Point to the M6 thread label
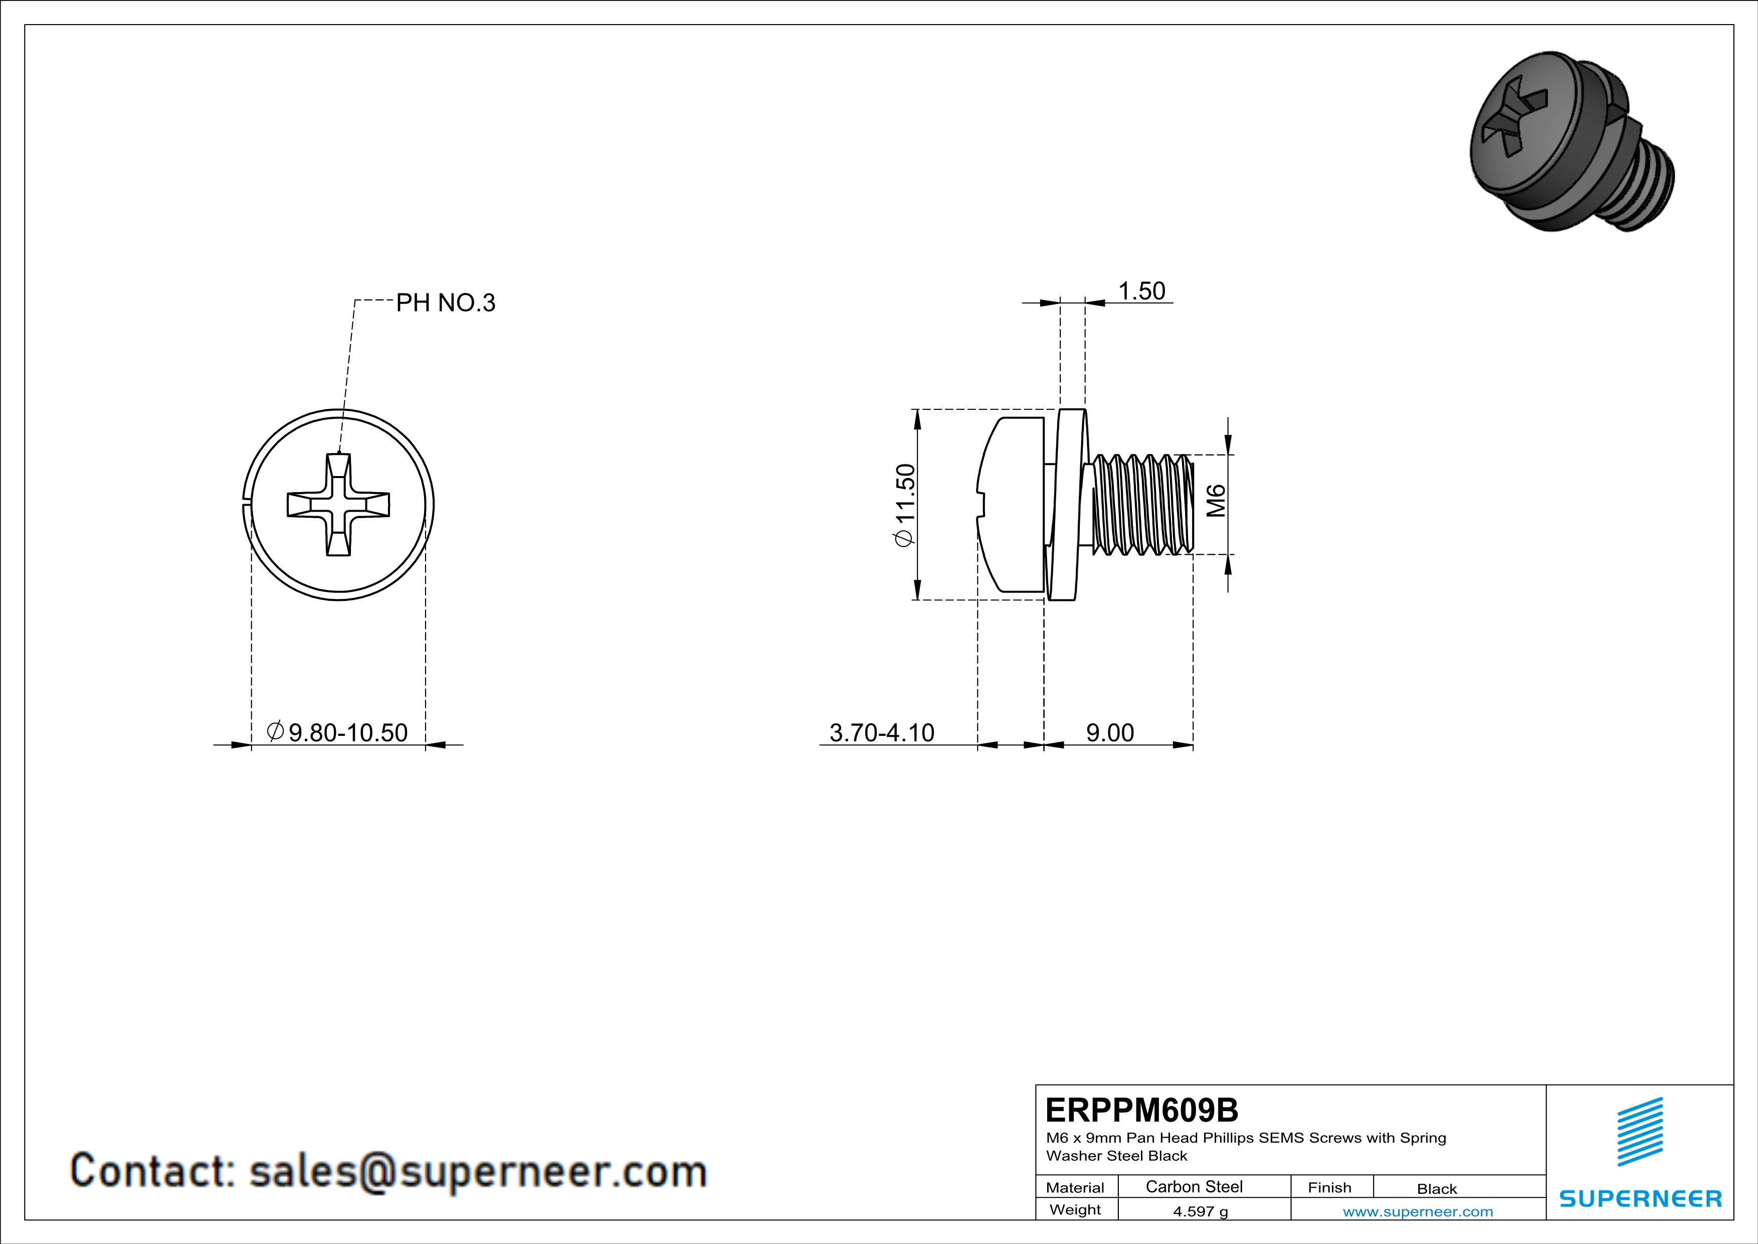pos(1216,501)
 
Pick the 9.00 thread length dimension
pos(1109,733)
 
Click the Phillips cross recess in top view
pos(338,505)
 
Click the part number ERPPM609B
pos(1141,1110)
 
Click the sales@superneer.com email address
pos(478,1172)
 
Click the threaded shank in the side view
pos(1141,504)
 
